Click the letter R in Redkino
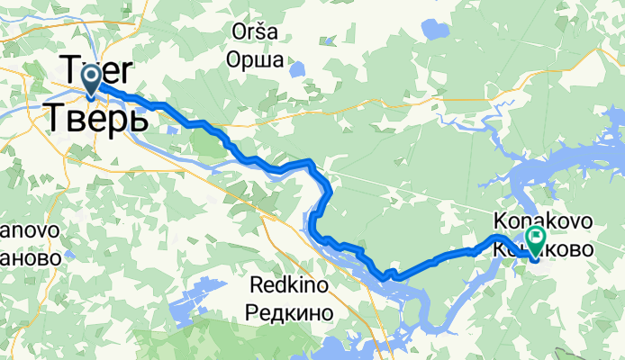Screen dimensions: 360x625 tap(252, 285)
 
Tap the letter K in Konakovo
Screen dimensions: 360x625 tap(501, 220)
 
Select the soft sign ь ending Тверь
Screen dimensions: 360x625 tap(138, 117)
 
